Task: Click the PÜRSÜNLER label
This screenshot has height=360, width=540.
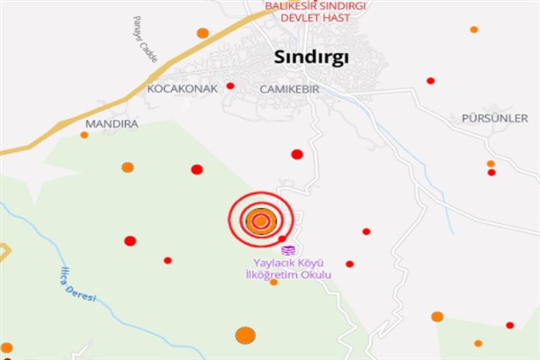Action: (x=494, y=119)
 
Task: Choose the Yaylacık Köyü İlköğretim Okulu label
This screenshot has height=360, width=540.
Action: (x=289, y=268)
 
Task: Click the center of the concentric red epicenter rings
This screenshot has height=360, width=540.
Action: (x=261, y=220)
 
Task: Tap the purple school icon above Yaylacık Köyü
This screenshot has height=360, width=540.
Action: (x=288, y=249)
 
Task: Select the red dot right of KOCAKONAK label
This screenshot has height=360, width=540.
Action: (x=230, y=86)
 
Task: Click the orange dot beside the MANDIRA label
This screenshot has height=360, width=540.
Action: (x=85, y=135)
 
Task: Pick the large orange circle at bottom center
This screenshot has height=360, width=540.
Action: (x=245, y=336)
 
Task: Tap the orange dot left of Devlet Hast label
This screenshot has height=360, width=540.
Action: (x=202, y=33)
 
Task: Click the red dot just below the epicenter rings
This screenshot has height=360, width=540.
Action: (x=282, y=238)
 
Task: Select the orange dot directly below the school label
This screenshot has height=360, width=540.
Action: (x=274, y=283)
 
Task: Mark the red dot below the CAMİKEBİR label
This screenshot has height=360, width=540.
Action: (x=297, y=154)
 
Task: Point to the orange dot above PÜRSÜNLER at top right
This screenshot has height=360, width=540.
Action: (x=473, y=30)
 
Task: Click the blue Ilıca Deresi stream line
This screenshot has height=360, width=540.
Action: (x=108, y=310)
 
